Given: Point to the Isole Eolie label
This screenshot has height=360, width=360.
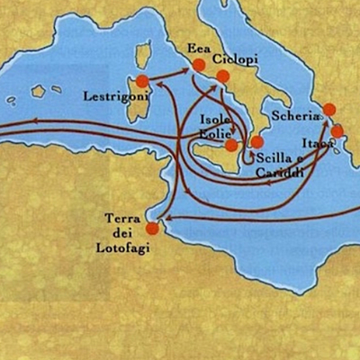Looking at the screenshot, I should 216,127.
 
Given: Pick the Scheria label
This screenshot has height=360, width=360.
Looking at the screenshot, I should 295,116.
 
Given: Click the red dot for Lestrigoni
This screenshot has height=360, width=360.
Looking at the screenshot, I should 142,82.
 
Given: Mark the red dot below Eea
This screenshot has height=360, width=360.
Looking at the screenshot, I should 198,64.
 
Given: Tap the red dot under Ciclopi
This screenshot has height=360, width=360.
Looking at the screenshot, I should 222,76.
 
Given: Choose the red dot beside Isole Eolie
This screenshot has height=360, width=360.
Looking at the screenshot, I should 231,145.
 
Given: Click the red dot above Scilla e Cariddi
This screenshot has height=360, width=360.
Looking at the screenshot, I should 256,141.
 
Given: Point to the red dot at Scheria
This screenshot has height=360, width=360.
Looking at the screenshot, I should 328,109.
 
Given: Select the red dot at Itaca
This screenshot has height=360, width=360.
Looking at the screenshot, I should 337,131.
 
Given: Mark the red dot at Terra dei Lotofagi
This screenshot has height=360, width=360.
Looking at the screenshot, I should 152,229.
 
